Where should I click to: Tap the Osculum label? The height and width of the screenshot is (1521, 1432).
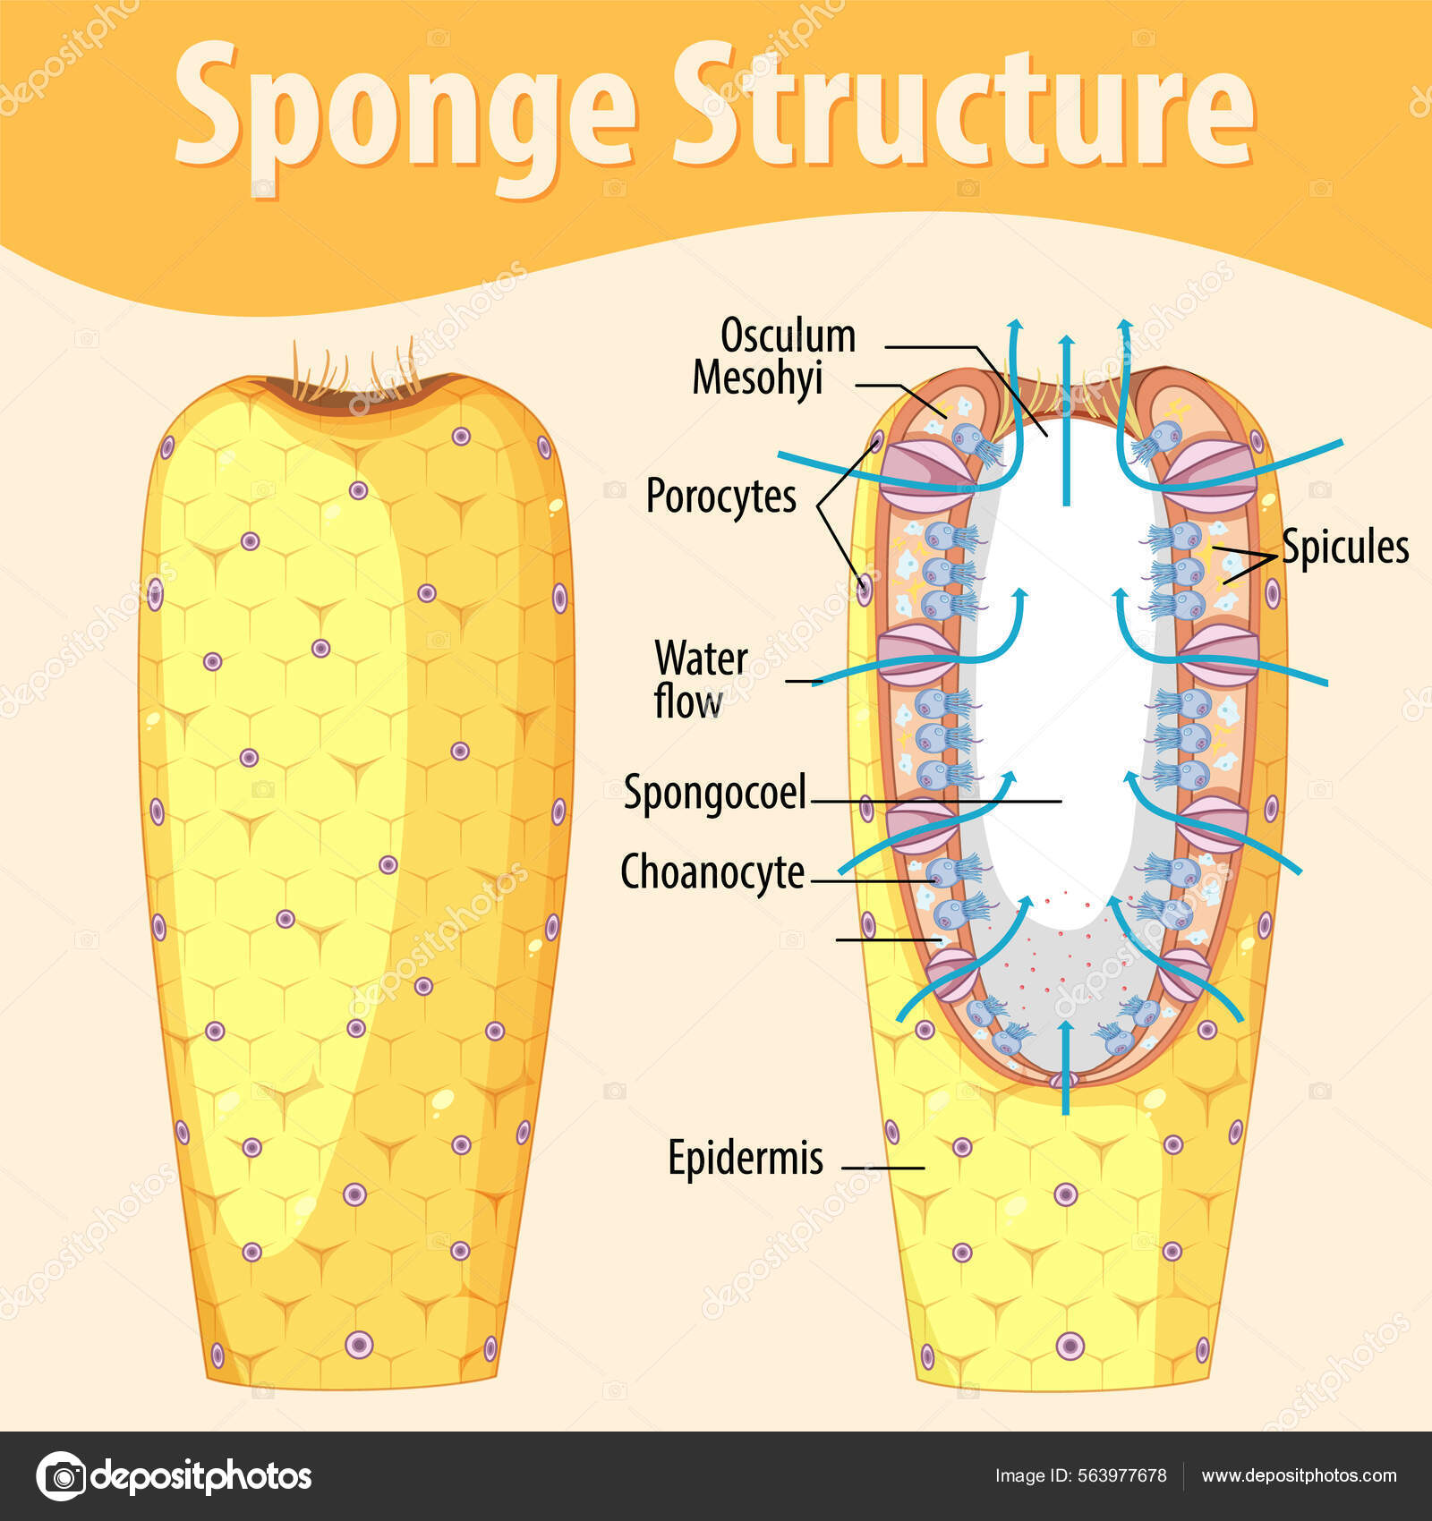click(x=788, y=336)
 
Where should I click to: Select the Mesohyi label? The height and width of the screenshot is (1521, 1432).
click(x=757, y=378)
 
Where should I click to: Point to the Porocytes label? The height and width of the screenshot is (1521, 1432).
click(x=720, y=496)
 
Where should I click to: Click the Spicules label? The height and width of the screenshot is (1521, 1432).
click(x=1344, y=547)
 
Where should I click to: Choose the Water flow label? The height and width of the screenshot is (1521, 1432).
click(x=700, y=680)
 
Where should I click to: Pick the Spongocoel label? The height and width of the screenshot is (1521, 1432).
click(x=714, y=793)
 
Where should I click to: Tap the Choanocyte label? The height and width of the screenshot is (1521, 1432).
click(x=712, y=872)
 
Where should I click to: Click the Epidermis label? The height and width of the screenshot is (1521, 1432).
click(x=746, y=1158)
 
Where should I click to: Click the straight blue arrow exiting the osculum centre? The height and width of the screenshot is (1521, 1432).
click(x=1065, y=421)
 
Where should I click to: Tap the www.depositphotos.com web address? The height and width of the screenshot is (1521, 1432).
click(x=1299, y=1475)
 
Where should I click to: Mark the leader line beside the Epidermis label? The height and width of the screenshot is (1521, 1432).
click(x=883, y=1168)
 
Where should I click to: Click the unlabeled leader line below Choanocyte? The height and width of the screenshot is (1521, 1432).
click(x=886, y=939)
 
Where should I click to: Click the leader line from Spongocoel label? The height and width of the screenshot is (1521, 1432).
click(x=935, y=801)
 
